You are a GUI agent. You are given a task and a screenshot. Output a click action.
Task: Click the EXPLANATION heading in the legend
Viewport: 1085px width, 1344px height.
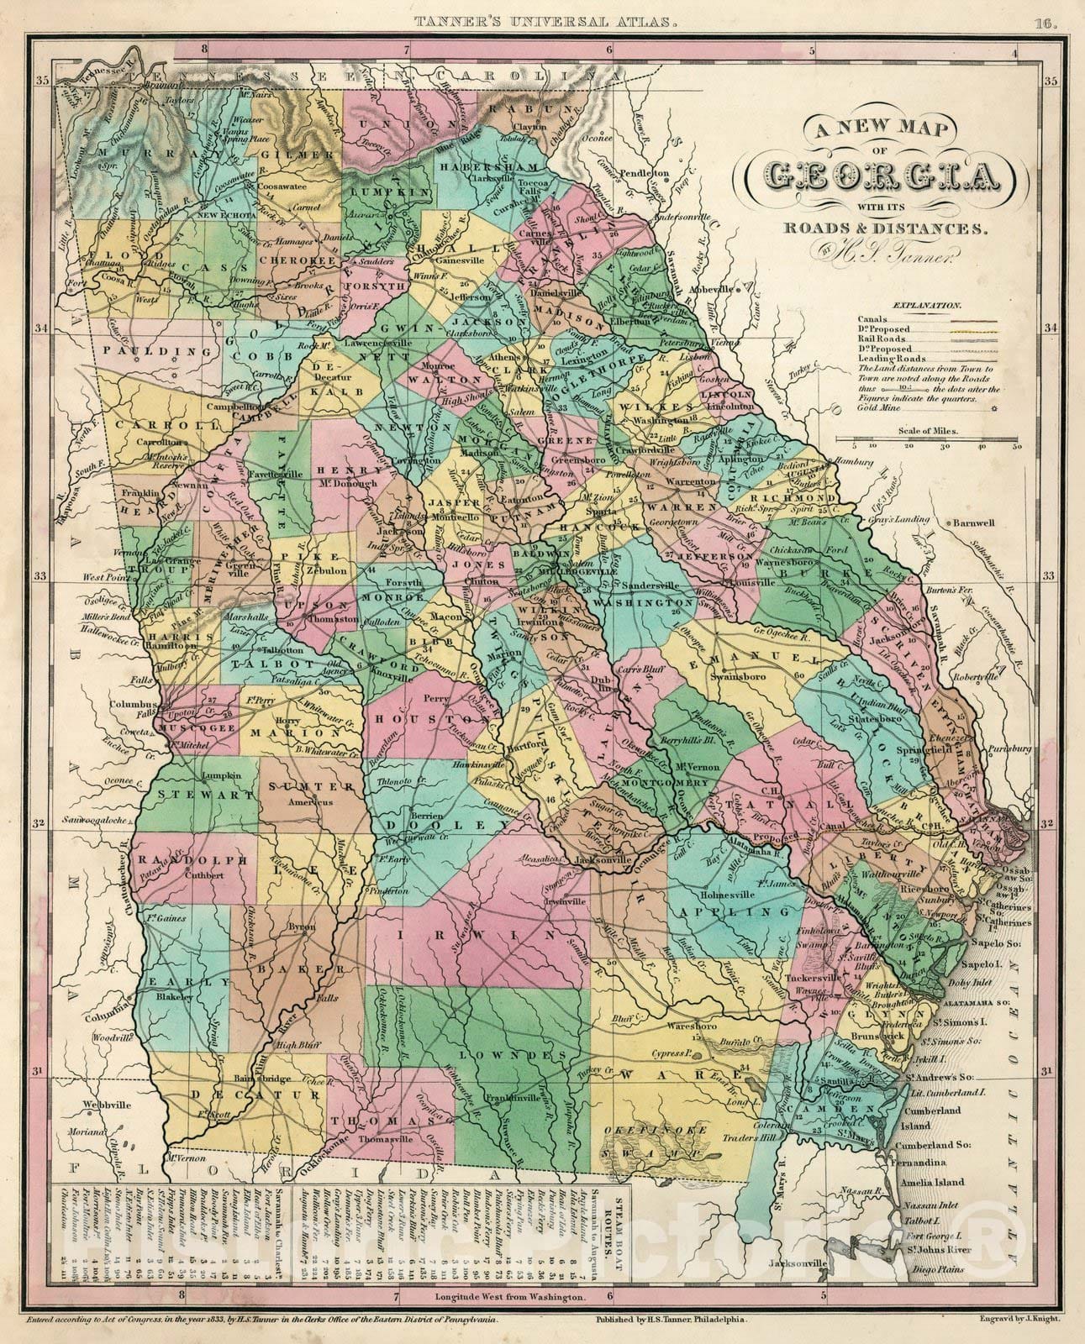coord(927,307)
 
